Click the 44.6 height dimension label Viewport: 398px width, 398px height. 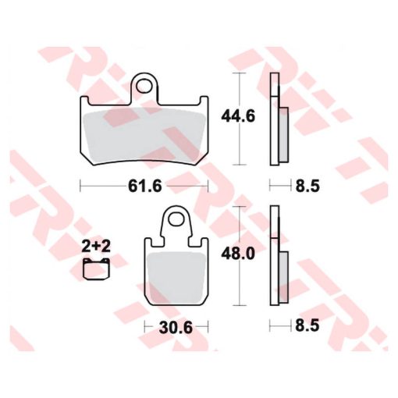(238, 116)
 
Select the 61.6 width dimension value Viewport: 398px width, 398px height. (145, 187)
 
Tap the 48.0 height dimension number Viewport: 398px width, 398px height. (238, 254)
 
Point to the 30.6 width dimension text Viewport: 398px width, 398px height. (176, 328)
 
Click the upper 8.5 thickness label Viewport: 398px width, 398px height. (307, 187)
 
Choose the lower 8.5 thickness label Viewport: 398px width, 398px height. (307, 325)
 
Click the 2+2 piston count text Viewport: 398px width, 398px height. (96, 246)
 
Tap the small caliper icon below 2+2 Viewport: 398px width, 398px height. (96, 269)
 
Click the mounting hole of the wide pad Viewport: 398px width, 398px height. (144, 87)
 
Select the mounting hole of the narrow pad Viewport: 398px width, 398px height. (176, 219)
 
